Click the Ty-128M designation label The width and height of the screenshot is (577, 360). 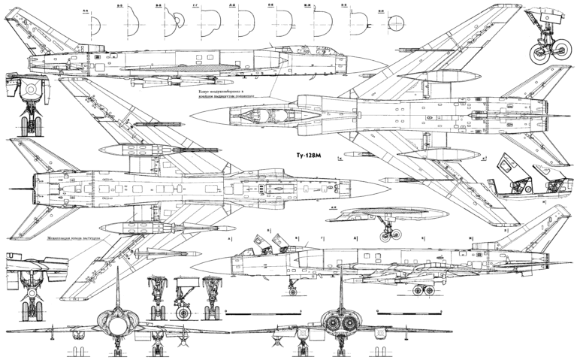point(306,156)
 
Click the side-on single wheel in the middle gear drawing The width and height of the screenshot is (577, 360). point(183,309)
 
